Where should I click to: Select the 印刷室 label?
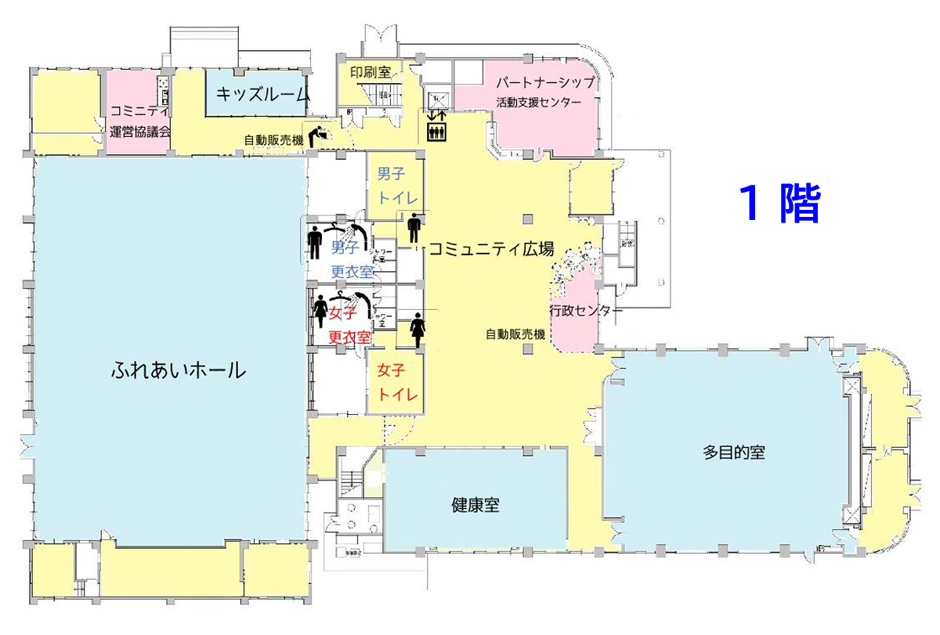point(371,71)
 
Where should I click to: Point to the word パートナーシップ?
point(540,82)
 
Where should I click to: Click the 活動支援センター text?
point(538,103)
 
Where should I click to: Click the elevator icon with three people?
point(436,132)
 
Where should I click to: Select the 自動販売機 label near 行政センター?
point(515,334)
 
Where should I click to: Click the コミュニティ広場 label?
point(491,249)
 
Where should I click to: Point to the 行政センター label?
point(586,311)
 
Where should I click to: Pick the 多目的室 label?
point(733,453)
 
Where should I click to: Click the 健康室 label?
point(475,505)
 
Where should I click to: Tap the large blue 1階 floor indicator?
point(779,204)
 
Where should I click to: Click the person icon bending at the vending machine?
point(319,136)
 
